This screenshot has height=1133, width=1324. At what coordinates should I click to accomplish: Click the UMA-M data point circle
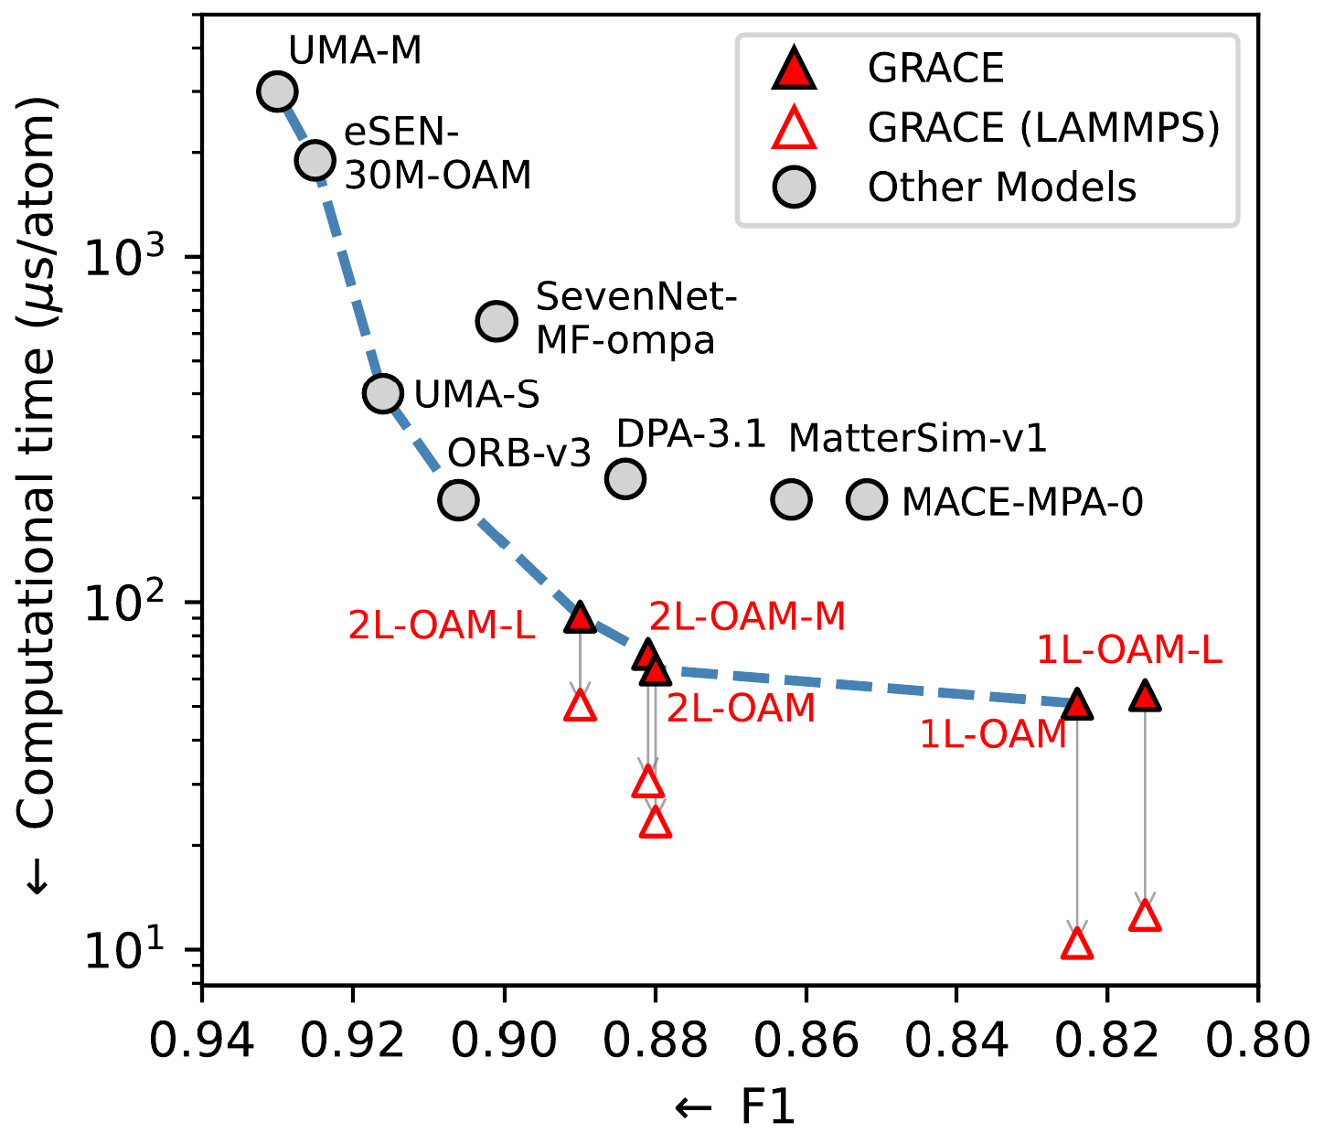point(277,91)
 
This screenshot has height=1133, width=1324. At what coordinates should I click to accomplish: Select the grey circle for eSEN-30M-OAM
point(315,160)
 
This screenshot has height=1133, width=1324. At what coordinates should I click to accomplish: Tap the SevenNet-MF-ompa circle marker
point(496,321)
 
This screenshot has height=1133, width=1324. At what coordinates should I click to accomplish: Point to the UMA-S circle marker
point(382,393)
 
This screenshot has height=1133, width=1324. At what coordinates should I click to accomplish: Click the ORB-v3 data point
point(458,499)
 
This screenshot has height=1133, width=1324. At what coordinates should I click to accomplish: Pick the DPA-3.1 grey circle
point(625,478)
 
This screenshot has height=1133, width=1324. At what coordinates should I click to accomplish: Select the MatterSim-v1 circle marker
point(792,498)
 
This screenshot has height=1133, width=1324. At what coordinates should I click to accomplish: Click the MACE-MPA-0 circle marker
point(867,498)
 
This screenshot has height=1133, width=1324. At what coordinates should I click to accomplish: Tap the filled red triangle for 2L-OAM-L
point(580,617)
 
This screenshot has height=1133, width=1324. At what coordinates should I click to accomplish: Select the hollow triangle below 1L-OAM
point(1077,944)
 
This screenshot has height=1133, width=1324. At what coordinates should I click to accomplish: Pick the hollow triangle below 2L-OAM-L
point(580,706)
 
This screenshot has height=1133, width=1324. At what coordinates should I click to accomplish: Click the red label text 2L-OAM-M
point(747,617)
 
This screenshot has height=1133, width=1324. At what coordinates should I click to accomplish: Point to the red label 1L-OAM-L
point(1128,650)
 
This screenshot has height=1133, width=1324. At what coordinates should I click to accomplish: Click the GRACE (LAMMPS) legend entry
point(1042,128)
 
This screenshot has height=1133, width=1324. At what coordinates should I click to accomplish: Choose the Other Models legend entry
point(1001,187)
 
